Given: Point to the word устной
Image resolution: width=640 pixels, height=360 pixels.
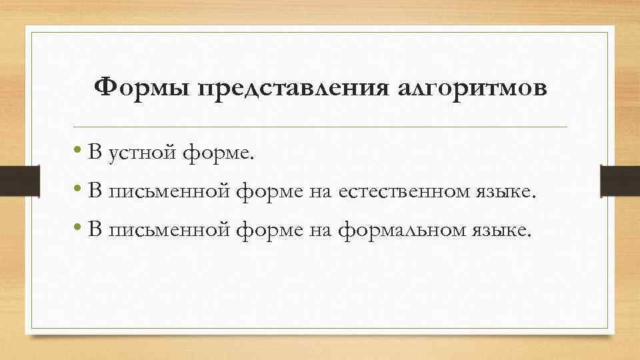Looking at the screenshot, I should pyautogui.click(x=142, y=155).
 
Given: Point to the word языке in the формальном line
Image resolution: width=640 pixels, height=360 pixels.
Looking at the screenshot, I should pyautogui.click(x=505, y=231).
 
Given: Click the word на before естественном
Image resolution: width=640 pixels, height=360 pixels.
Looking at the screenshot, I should pyautogui.click(x=320, y=193).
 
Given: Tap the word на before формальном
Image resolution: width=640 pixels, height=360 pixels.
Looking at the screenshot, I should pyautogui.click(x=320, y=231).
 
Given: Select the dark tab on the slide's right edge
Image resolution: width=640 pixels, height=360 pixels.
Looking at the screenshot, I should pyautogui.click(x=620, y=180).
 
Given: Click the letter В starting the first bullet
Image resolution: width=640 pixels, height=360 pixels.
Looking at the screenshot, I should pyautogui.click(x=94, y=154).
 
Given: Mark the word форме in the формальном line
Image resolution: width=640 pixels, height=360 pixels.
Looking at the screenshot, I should pyautogui.click(x=270, y=231).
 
